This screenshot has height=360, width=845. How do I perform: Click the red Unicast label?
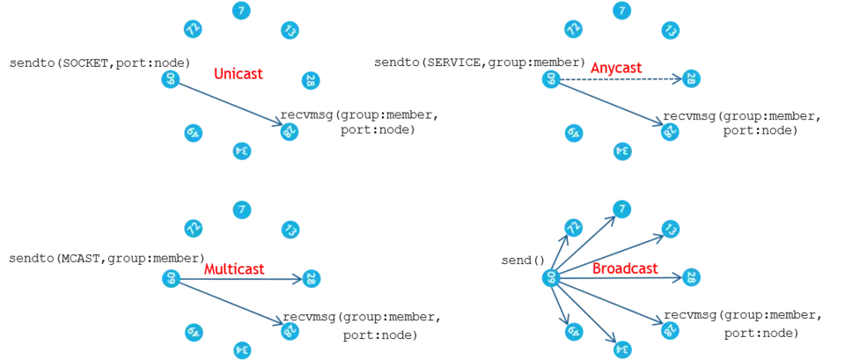(x=238, y=74)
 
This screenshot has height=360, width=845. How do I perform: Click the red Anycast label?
(x=616, y=69)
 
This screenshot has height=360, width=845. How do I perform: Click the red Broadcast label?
(x=625, y=267)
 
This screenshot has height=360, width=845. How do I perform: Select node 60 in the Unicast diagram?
(x=171, y=79)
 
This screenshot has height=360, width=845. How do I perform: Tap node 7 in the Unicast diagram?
(x=242, y=11)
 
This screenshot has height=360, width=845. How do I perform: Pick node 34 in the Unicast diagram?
(x=242, y=151)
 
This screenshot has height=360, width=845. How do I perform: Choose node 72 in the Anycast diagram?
(x=573, y=29)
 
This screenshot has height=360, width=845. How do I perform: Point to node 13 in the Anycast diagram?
(x=669, y=31)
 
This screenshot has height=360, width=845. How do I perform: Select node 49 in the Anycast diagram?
(x=573, y=133)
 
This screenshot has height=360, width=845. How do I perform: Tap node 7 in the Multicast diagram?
(x=242, y=209)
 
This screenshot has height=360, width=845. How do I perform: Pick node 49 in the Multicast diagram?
(x=194, y=332)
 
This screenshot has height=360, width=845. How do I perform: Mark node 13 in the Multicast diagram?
(x=290, y=230)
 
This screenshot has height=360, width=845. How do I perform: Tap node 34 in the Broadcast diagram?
(x=621, y=349)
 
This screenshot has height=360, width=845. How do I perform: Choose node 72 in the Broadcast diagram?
(x=573, y=227)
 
